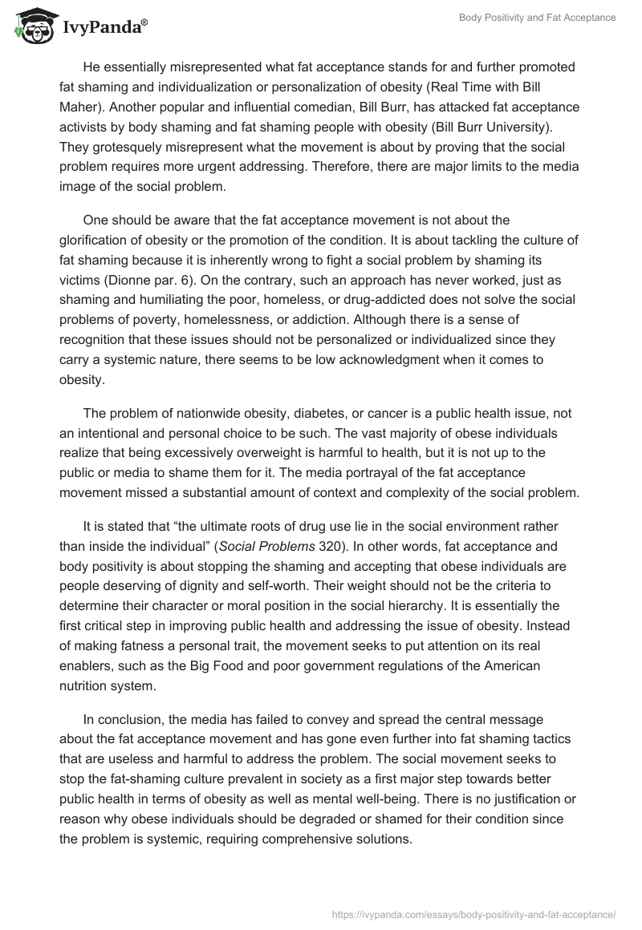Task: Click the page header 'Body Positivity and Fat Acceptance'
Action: tap(537, 18)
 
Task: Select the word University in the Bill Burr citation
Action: tap(514, 127)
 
